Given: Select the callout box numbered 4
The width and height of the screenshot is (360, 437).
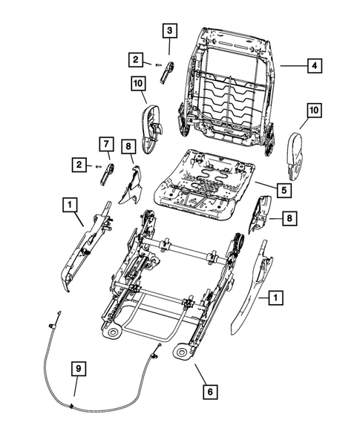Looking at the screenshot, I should [315, 66].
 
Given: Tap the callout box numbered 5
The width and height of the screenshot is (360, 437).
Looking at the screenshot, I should [285, 189].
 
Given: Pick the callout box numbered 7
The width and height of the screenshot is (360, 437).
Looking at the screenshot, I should [106, 142].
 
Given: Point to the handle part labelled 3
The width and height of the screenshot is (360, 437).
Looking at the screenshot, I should [168, 73].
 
